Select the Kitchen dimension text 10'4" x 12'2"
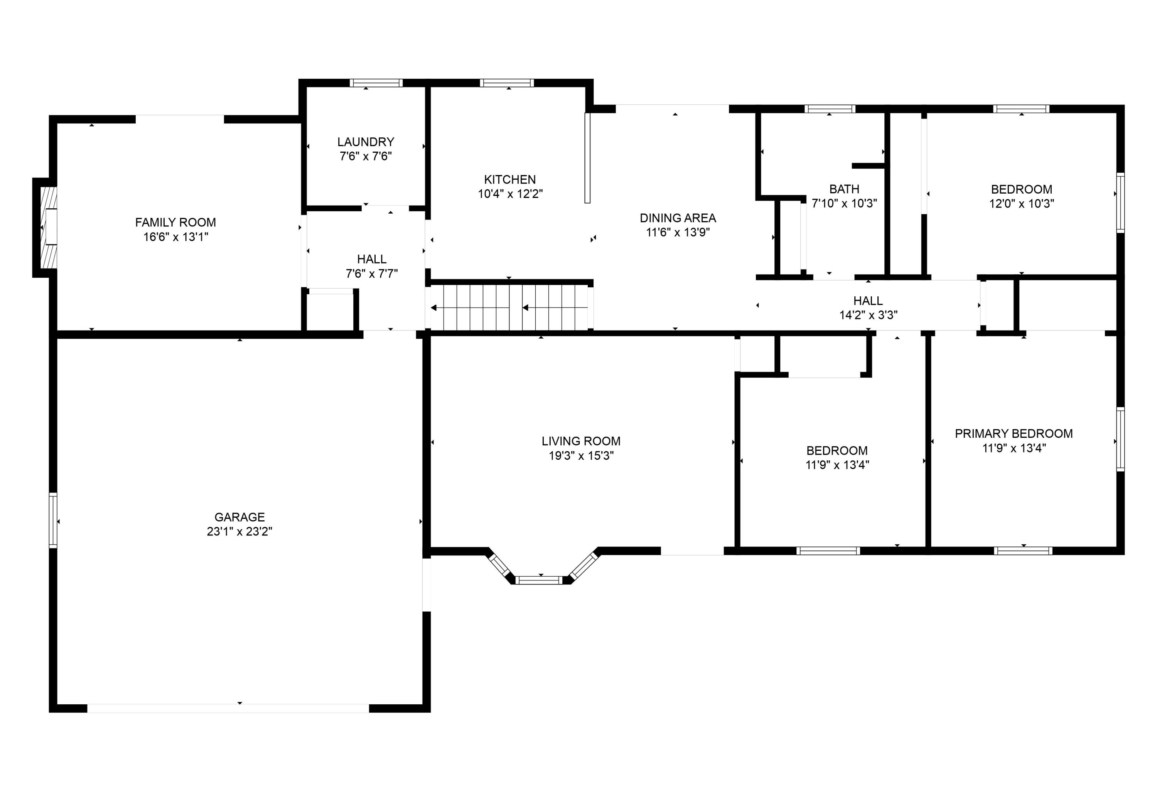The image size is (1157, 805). coord(510,194)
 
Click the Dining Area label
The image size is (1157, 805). coord(678,218)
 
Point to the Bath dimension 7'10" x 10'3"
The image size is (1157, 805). coord(844,203)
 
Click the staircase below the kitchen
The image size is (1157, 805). coord(509,307)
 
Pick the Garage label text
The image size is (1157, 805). coord(239,517)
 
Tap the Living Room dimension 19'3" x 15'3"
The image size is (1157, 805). coord(581,456)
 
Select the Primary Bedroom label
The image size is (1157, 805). coord(1014,434)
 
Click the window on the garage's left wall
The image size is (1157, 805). coord(53,521)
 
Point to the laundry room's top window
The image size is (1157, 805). coord(376,83)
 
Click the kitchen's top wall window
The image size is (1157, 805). coord(506,83)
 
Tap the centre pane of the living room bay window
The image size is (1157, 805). coord(540,580)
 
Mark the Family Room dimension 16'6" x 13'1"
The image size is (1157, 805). coord(175,237)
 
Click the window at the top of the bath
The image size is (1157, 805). coord(830,109)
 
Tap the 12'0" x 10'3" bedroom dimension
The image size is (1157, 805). coord(1022,204)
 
